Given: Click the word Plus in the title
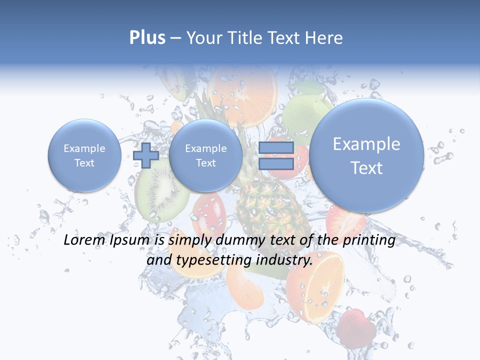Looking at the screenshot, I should click(147, 37).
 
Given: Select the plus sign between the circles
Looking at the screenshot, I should click(146, 155).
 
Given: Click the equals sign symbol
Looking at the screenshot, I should click(275, 155).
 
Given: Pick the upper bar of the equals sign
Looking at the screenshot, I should click(275, 147).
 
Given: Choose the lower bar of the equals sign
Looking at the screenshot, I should click(275, 164).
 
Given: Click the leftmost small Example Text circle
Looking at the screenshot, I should click(84, 155).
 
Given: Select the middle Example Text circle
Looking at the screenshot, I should click(205, 155).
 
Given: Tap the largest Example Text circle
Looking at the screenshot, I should click(366, 155).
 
